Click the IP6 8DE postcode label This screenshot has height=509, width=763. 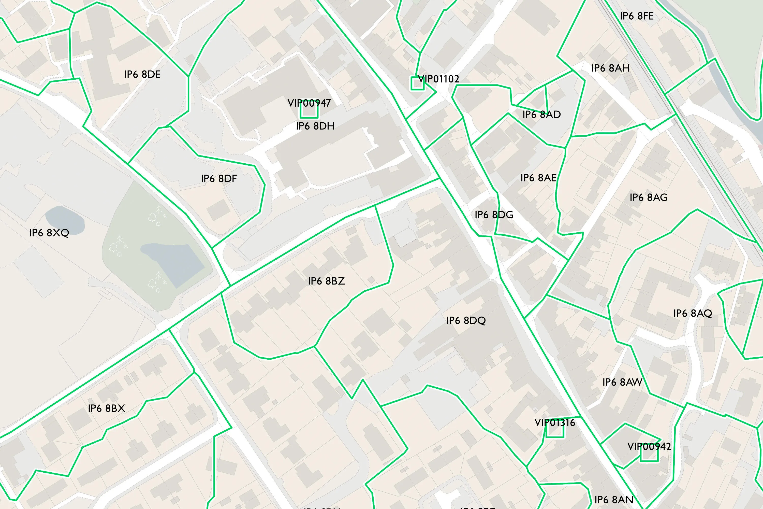click(x=142, y=74)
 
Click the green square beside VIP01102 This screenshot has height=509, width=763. click(x=417, y=83)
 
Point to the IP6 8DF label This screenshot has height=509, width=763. click(x=219, y=179)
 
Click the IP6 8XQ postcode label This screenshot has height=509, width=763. click(x=49, y=233)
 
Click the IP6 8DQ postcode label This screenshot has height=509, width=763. click(x=466, y=320)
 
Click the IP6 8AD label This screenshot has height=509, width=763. click(x=541, y=114)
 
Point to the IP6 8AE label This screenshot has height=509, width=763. click(x=538, y=178)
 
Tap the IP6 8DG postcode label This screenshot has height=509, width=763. click(x=494, y=215)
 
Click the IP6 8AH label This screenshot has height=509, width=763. click(x=610, y=68)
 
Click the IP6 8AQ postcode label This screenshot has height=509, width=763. click(x=692, y=313)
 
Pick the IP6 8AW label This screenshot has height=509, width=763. click(x=622, y=382)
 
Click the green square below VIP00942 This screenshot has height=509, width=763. click(x=649, y=455)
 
